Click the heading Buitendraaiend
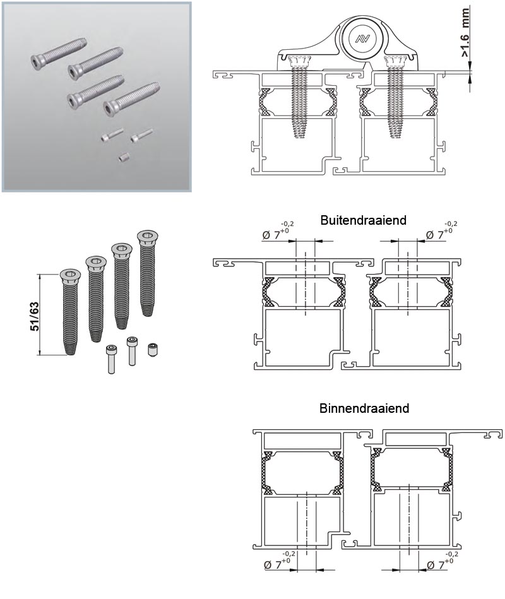[x=363, y=220]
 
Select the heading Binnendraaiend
[x=364, y=408]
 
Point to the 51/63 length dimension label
[x=34, y=316]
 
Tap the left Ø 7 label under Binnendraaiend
[x=278, y=562]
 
